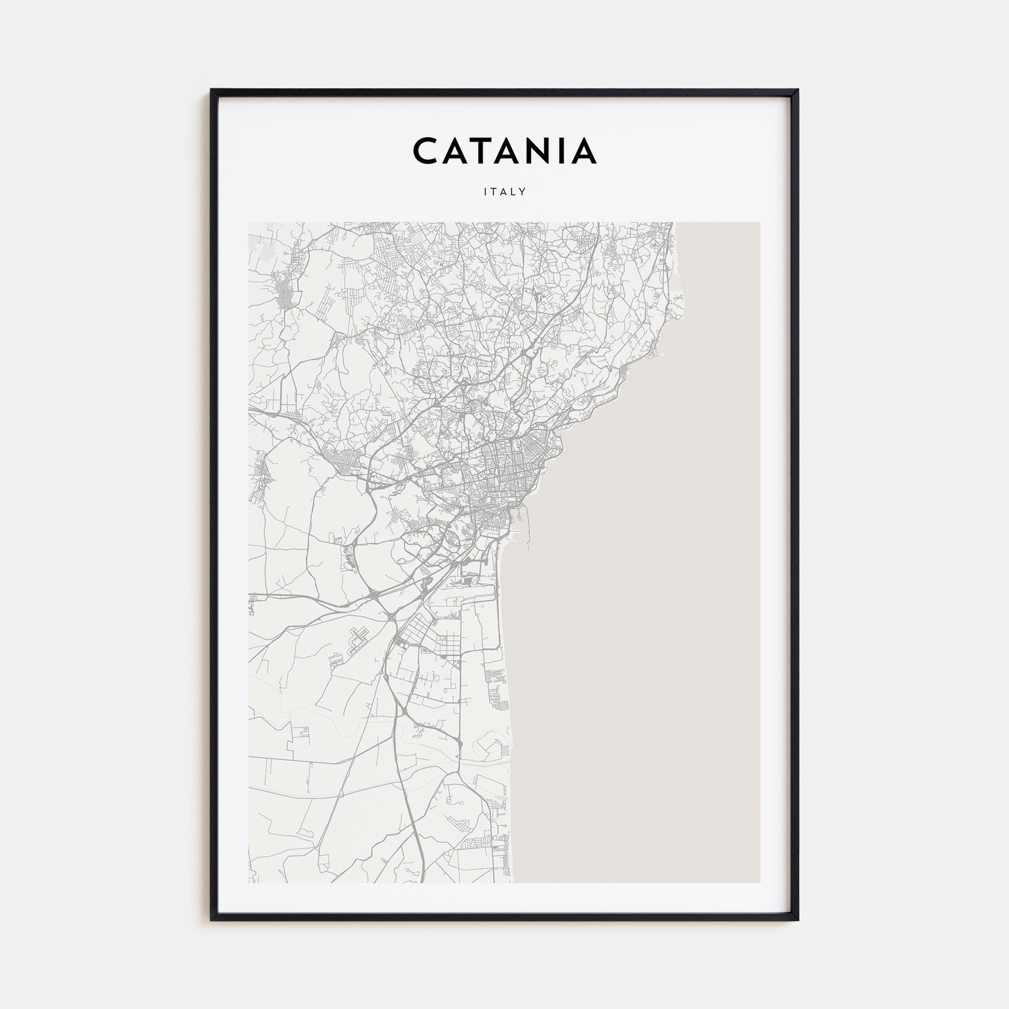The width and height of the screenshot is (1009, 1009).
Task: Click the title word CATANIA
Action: point(504,151)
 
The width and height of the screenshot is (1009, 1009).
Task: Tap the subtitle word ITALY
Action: point(504,192)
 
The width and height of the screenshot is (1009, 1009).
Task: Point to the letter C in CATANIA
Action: point(427,151)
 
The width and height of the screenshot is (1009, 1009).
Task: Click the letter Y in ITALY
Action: point(522,192)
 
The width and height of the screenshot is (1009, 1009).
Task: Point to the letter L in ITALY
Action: point(514,192)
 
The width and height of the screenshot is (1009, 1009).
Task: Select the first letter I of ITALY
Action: point(486,192)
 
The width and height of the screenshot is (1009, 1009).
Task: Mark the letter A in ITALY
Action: point(504,192)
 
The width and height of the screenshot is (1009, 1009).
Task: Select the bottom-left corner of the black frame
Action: point(212,919)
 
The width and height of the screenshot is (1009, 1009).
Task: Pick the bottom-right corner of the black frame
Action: point(797,919)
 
